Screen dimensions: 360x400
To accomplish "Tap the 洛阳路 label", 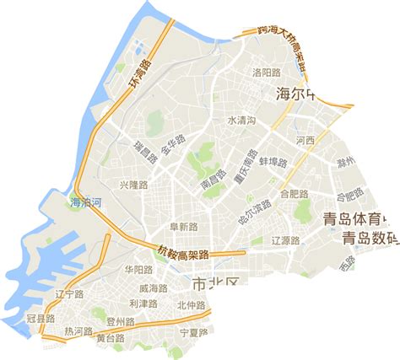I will pos(267,73).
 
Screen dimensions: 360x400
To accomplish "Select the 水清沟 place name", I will pos(243,121).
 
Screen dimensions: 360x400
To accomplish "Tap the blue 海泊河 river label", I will pos(85,202).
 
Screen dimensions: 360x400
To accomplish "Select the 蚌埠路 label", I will pos(273,161).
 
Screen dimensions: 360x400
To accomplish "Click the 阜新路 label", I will pos(183,227).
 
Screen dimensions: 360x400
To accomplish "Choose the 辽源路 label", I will pos(286,240).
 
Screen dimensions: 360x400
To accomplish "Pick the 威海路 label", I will pos(153,288).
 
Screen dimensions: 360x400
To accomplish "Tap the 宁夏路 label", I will pos(194,332).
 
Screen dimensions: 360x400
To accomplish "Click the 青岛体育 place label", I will pos(359,220).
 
